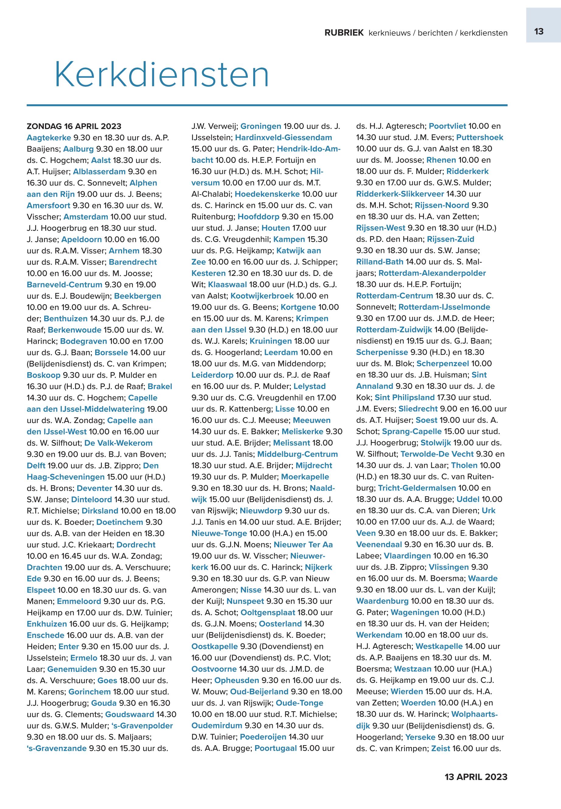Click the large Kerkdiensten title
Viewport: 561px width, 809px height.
click(162, 75)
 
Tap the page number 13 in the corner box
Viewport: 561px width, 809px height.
click(538, 32)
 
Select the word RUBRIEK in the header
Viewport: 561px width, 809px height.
click(344, 33)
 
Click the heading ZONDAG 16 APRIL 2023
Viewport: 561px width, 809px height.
click(74, 126)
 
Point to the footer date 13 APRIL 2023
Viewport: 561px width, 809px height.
click(476, 777)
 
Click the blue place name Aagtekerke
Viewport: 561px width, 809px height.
click(49, 137)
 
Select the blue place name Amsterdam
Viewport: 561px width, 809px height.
click(86, 217)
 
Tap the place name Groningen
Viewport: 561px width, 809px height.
click(261, 126)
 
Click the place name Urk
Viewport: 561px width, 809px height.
click(489, 511)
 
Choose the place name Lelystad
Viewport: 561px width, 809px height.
click(310, 386)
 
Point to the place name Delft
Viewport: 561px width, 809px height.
click(36, 466)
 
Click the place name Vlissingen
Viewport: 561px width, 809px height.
click(448, 567)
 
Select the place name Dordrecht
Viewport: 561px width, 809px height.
click(136, 545)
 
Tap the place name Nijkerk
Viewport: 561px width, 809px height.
click(318, 567)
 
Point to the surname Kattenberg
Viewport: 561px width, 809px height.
click(245, 409)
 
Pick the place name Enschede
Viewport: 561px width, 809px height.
click(46, 635)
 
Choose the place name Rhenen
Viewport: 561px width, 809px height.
click(441, 160)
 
